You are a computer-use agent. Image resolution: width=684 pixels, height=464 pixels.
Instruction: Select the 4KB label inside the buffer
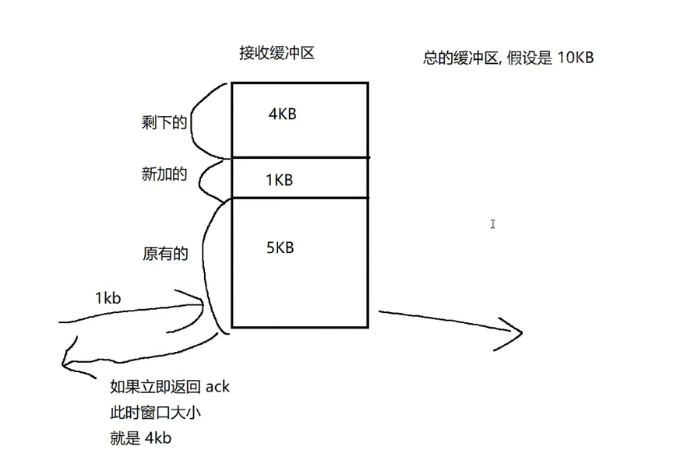(282, 114)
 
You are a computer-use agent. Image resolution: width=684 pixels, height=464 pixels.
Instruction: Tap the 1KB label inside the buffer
(279, 180)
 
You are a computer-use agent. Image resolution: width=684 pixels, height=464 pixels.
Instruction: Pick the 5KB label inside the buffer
(280, 248)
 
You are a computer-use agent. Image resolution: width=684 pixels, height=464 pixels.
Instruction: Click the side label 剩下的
(164, 122)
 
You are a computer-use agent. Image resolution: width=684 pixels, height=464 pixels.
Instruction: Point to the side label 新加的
(164, 174)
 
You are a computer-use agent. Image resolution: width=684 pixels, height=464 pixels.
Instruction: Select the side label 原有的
(165, 254)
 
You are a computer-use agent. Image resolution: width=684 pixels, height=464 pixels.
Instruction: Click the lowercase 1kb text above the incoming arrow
(108, 298)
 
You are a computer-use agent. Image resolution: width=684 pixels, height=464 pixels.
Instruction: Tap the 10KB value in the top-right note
(576, 58)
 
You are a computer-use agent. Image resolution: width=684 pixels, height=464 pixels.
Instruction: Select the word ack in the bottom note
(217, 387)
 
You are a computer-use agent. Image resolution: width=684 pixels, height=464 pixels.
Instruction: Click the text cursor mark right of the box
(493, 224)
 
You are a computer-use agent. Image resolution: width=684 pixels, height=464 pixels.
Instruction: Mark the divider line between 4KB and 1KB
(300, 158)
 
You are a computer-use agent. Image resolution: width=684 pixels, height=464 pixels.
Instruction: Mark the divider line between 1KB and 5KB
(300, 198)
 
